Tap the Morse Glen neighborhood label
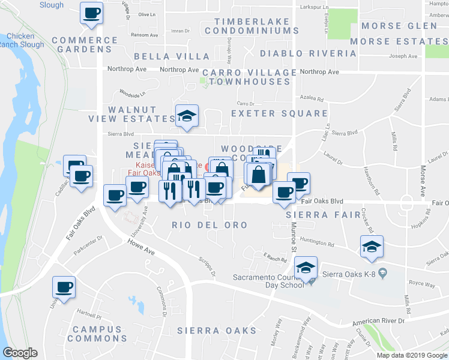tap(399, 26)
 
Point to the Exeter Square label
tap(280, 113)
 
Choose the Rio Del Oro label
tap(209, 225)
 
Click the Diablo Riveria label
tap(308, 53)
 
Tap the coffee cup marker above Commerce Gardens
tap(91, 13)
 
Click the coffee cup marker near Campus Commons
tap(64, 286)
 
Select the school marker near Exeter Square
tap(187, 115)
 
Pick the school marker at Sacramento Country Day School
tap(306, 267)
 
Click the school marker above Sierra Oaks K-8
tap(372, 246)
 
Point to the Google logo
tap(20, 353)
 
